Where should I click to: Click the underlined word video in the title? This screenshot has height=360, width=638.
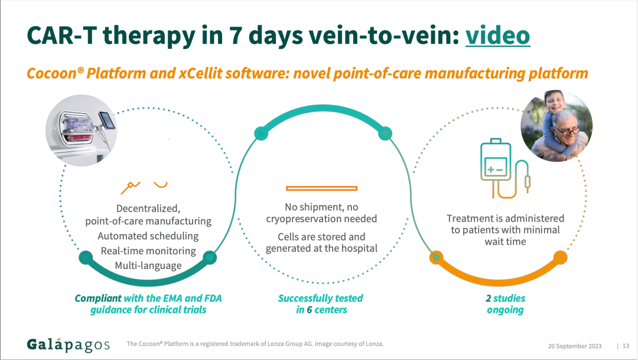click(497, 35)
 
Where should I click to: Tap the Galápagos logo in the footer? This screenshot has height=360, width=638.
click(69, 345)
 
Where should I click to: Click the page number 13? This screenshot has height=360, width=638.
click(626, 346)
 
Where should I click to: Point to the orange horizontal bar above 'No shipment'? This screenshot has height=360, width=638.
click(321, 188)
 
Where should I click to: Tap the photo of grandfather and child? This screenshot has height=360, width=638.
click(556, 127)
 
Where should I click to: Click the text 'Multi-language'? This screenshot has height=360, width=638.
click(148, 265)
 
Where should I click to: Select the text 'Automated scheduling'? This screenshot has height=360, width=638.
click(148, 236)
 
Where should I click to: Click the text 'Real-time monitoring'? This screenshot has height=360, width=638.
click(148, 251)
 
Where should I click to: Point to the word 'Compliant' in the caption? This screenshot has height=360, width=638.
click(98, 299)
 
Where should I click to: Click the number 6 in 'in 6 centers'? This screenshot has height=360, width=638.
click(310, 310)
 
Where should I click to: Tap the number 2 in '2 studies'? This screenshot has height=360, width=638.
click(480, 299)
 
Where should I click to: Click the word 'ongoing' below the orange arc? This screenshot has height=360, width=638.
click(505, 310)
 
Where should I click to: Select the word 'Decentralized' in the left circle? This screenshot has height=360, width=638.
click(148, 208)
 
